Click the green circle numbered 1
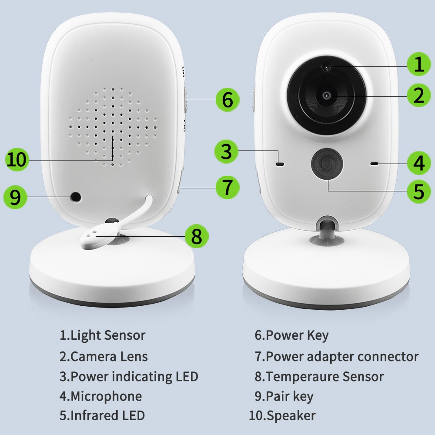pyautogui.click(x=419, y=65)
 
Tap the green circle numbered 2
pyautogui.click(x=419, y=95)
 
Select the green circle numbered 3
pyautogui.click(x=227, y=151)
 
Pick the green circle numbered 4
pyautogui.click(x=419, y=163)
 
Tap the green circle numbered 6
pyautogui.click(x=228, y=100)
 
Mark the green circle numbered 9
pyautogui.click(x=15, y=197)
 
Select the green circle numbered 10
pyautogui.click(x=17, y=159)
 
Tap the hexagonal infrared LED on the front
pyautogui.click(x=326, y=163)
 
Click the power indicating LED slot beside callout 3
pyautogui.click(x=280, y=164)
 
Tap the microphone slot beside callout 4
pyautogui.click(x=373, y=164)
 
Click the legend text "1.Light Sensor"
pyautogui.click(x=102, y=335)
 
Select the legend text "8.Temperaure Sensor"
pyautogui.click(x=319, y=376)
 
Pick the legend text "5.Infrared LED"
pyautogui.click(x=102, y=415)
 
